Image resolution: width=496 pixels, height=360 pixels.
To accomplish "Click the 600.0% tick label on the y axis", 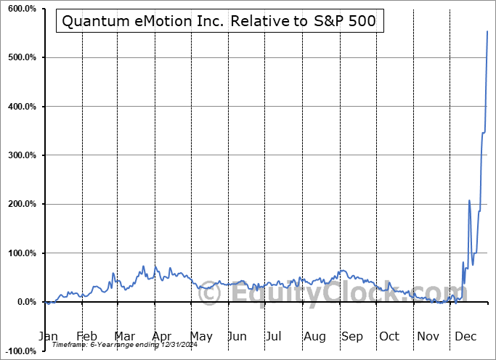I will (20, 9).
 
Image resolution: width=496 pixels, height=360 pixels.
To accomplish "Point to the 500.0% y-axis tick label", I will (20, 57).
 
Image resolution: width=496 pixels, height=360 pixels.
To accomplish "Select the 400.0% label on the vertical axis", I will (20, 107).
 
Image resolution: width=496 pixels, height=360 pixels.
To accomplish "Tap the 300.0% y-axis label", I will (20, 155).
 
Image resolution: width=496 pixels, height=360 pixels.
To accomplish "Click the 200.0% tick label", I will (20, 205).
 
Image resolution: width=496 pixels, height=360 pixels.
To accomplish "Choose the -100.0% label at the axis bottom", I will (18, 351).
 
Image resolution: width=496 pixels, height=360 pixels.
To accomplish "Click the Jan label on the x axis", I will (47, 337).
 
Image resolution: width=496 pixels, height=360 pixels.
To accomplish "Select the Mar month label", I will (123, 337).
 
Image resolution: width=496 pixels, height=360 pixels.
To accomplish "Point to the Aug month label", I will (314, 337).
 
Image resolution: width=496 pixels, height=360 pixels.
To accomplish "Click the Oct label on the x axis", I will (389, 337).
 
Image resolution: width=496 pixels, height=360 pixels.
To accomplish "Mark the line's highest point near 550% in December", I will (487, 31).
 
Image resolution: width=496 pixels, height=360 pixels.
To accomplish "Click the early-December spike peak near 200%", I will (469, 200).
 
